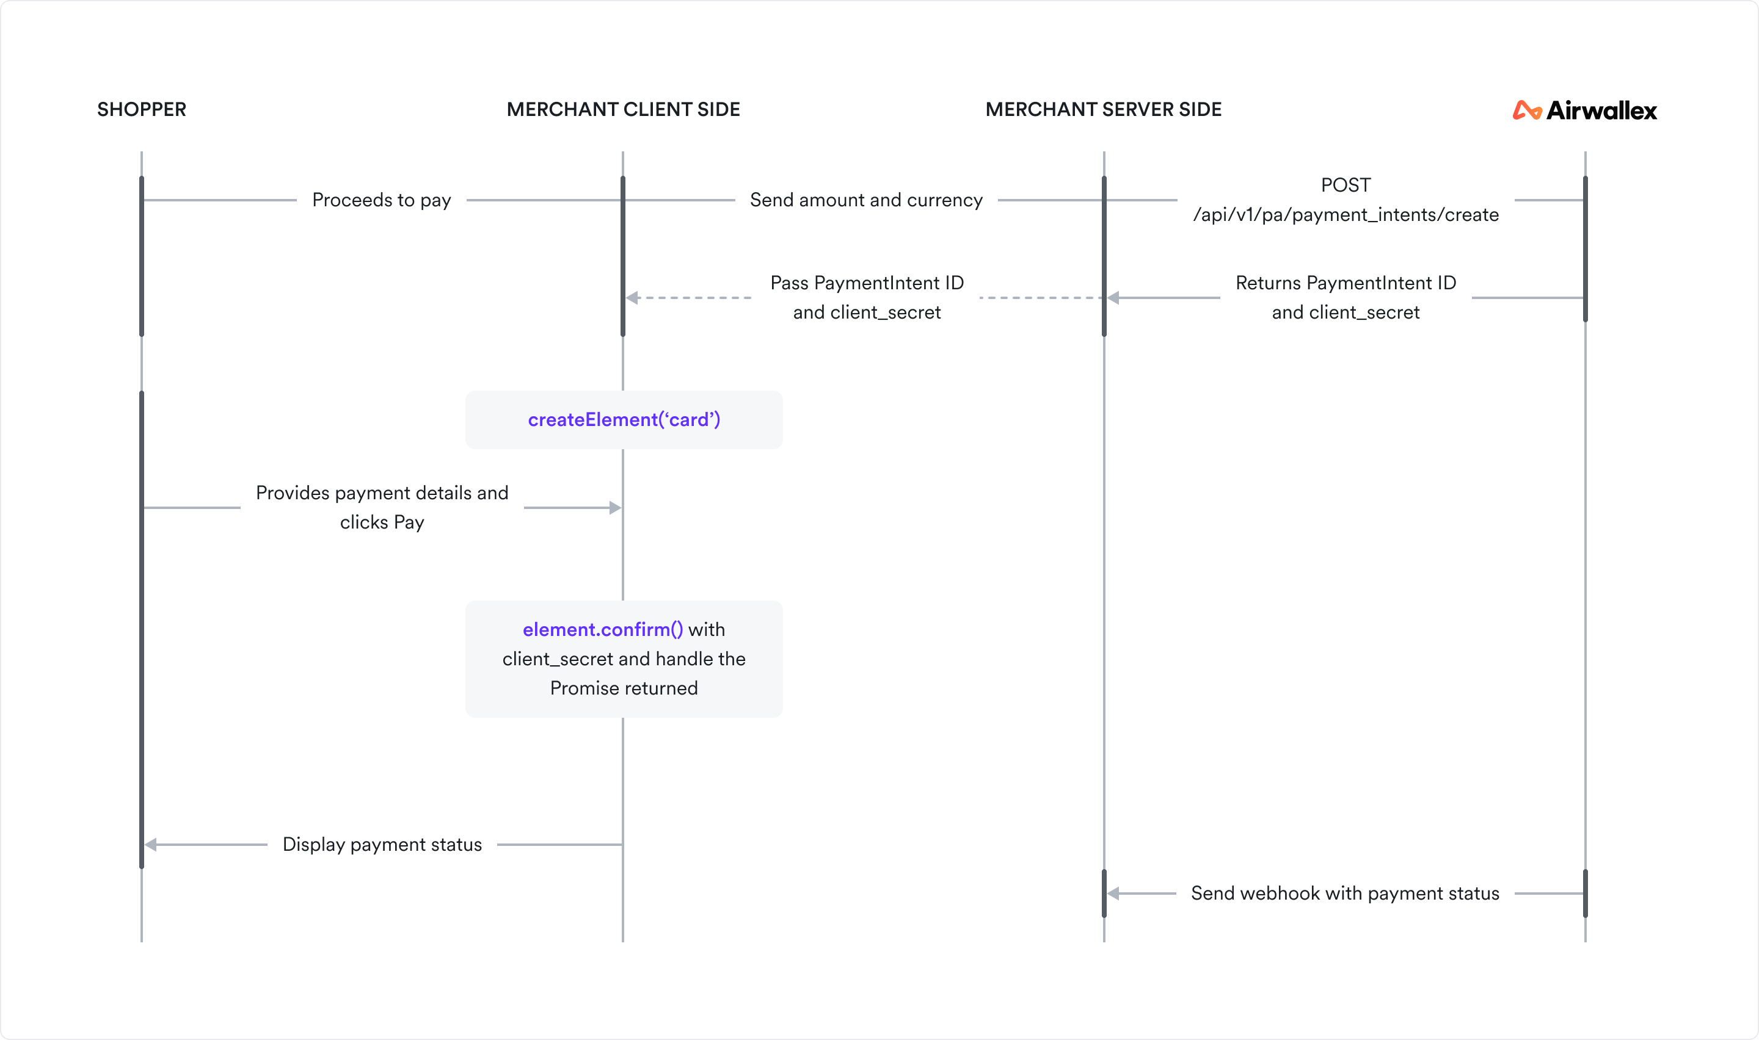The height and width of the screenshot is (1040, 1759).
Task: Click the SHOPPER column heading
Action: coord(142,109)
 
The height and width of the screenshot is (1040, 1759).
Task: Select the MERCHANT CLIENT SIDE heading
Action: coord(623,109)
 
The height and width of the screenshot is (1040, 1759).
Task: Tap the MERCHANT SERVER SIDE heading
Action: coord(1104,109)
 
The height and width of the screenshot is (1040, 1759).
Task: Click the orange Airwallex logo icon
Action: coord(1526,110)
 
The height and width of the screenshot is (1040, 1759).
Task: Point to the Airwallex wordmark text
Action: coord(1601,110)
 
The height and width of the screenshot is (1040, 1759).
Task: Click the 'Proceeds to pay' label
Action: coord(381,200)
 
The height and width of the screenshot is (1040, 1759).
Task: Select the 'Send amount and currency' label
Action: coord(866,200)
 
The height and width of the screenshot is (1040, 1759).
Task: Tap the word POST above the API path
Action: coord(1346,185)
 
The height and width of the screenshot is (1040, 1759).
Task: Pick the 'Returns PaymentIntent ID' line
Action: coord(1346,283)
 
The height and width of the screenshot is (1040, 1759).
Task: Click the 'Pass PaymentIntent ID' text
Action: coord(867,283)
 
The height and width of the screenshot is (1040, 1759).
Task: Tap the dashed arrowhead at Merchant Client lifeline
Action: coord(632,298)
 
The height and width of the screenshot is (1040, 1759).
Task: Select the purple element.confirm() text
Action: coord(602,629)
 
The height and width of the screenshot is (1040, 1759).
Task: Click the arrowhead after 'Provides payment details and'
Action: coord(615,508)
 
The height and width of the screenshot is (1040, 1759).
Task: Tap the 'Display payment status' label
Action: coord(382,845)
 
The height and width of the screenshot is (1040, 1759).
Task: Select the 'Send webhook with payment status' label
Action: coord(1345,894)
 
